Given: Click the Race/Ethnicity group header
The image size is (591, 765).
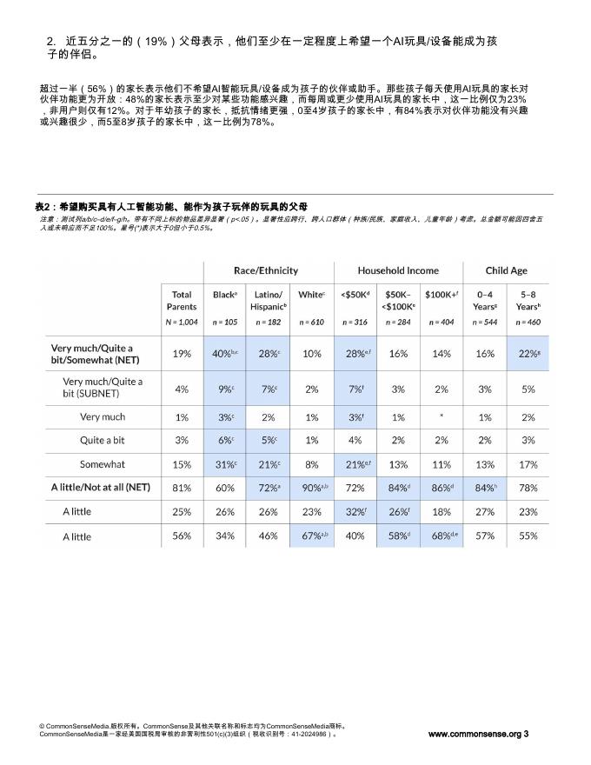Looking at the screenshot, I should tap(265, 270).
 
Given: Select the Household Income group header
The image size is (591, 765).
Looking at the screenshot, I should tap(398, 270).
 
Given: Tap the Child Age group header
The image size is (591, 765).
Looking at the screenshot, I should tap(506, 270).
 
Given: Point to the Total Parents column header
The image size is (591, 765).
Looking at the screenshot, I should tap(182, 301).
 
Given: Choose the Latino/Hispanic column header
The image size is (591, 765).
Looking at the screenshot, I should tap(269, 301).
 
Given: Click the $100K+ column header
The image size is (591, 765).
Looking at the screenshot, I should tap(442, 295).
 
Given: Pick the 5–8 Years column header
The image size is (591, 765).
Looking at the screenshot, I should tap(528, 301).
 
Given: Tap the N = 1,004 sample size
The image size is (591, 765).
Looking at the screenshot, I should tap(182, 322).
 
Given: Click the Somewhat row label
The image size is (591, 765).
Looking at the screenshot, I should tap(103, 464).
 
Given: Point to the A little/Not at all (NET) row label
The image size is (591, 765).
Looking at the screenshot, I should tap(101, 488).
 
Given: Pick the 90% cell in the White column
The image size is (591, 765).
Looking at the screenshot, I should tap(312, 488).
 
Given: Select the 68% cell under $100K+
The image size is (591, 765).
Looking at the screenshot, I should tap(442, 535).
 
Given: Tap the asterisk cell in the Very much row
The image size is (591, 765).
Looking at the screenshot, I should tap(442, 417).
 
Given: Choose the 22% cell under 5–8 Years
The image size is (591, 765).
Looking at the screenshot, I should tap(528, 354).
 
